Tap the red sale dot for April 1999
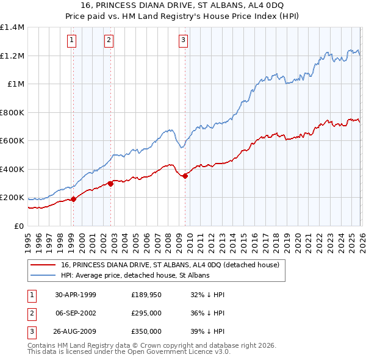point(74,198)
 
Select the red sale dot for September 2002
point(110,183)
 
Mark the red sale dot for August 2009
point(185,176)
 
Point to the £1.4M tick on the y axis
point(12,27)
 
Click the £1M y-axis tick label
point(15,84)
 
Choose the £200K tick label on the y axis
point(12,198)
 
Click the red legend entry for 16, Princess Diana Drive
point(170,265)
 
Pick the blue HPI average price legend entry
point(135,275)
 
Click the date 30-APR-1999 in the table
point(76,295)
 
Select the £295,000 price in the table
point(146,313)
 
